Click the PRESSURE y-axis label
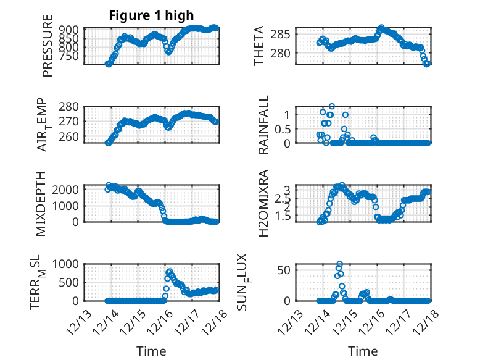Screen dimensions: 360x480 tap(48, 50)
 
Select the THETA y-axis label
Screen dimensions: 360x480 tap(259, 46)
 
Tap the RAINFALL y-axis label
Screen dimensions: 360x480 tap(263, 125)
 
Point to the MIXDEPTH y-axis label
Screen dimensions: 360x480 tap(41, 203)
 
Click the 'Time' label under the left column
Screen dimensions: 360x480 tap(151, 351)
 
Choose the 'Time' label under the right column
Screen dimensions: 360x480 tap(363, 351)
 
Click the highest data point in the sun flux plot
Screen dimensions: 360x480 tap(339, 264)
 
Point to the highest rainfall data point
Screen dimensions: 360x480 tap(332, 106)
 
